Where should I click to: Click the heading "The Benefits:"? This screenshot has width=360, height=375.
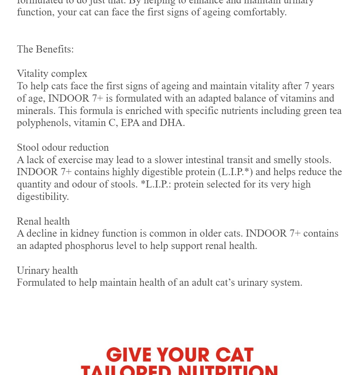(x=45, y=49)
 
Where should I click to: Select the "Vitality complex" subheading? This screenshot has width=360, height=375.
(x=52, y=73)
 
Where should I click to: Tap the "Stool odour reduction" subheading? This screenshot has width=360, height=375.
(x=63, y=147)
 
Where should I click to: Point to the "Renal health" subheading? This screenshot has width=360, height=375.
(x=43, y=221)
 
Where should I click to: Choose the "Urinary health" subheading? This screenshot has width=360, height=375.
(x=47, y=270)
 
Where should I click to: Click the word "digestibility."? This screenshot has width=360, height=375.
(x=43, y=196)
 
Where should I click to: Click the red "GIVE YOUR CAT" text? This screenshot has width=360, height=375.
(x=180, y=355)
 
